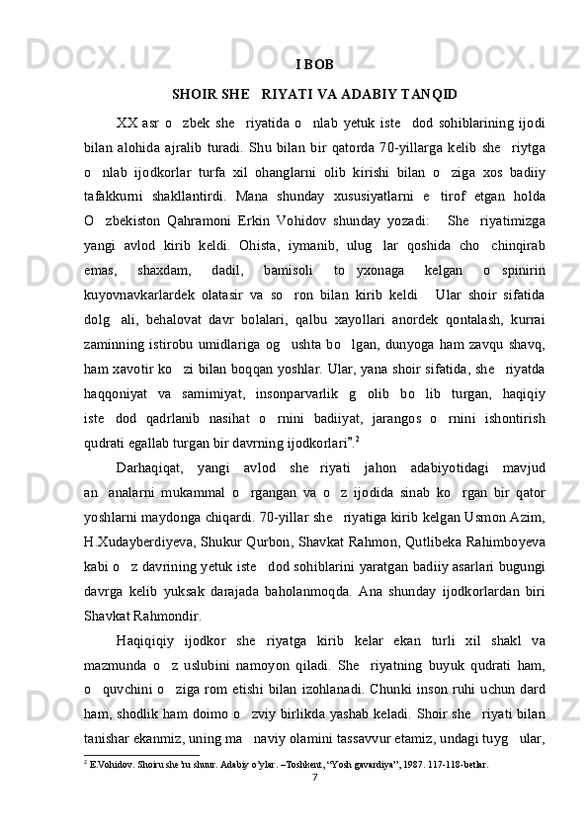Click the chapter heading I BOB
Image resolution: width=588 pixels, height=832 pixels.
coord(314,66)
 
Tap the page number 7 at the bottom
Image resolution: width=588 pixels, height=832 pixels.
coord(313,776)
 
